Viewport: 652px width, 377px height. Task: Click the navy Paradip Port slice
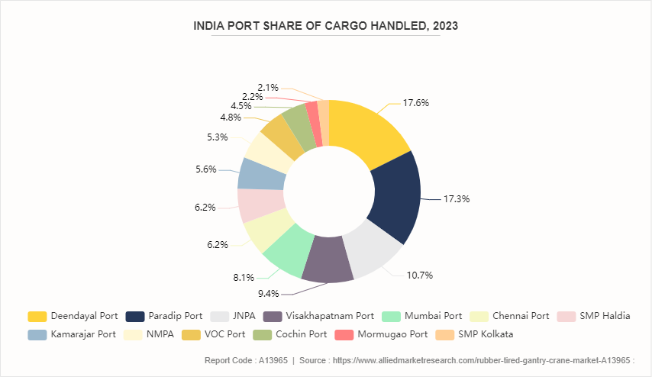pos(395,195)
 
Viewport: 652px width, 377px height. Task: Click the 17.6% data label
pos(415,102)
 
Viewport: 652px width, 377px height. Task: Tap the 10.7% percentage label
pos(419,275)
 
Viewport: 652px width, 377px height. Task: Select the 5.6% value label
pos(206,169)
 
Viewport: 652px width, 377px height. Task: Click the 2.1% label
pos(268,87)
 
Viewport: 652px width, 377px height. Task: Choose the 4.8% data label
pos(231,118)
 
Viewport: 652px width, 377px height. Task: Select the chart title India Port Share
pos(325,26)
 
